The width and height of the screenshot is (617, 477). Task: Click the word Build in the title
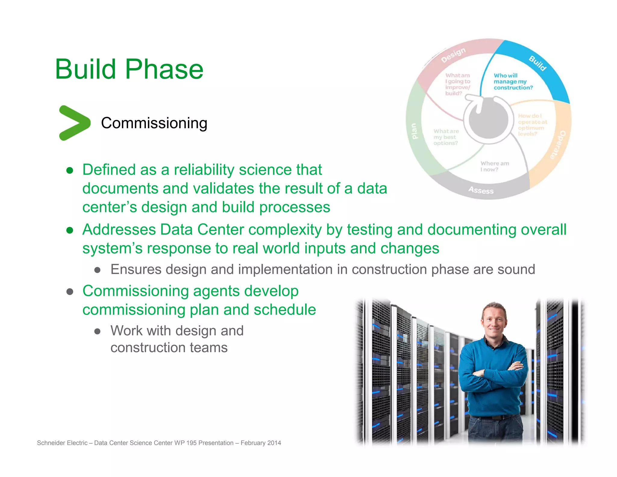[86, 69]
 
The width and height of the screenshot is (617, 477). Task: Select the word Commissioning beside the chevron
[154, 123]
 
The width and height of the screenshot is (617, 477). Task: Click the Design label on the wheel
[453, 55]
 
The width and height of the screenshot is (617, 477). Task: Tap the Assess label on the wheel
[481, 190]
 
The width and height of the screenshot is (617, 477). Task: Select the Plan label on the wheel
[414, 131]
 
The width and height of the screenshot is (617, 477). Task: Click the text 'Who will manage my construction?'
[513, 81]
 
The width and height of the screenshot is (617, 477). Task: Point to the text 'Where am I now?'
[494, 166]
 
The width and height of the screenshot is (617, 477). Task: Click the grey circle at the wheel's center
[488, 121]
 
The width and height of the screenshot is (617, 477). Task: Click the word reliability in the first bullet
[204, 170]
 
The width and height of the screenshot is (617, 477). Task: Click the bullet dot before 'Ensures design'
[97, 270]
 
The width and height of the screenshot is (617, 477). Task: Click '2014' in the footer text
[274, 443]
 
